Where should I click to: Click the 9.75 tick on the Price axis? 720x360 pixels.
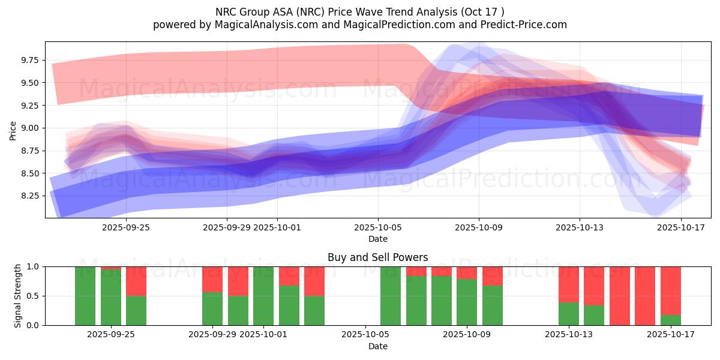click(x=30, y=60)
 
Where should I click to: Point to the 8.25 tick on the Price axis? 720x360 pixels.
click(x=30, y=196)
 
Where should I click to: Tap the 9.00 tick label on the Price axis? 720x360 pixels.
click(x=30, y=128)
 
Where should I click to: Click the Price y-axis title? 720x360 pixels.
click(x=13, y=130)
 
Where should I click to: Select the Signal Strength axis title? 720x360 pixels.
click(x=18, y=296)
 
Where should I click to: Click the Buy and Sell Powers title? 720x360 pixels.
click(x=377, y=257)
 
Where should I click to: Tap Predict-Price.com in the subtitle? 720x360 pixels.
click(x=514, y=25)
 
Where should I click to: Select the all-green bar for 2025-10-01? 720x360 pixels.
click(x=263, y=296)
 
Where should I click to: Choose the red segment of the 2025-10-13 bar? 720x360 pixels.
click(x=569, y=284)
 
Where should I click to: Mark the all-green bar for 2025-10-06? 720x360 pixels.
click(x=391, y=296)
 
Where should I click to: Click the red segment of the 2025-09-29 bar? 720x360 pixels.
click(x=212, y=279)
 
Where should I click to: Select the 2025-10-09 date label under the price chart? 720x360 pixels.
click(x=479, y=227)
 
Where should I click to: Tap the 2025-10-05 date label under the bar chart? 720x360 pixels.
click(x=365, y=335)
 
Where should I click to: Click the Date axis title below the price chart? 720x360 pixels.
click(x=377, y=239)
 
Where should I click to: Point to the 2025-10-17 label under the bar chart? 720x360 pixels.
click(x=670, y=335)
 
